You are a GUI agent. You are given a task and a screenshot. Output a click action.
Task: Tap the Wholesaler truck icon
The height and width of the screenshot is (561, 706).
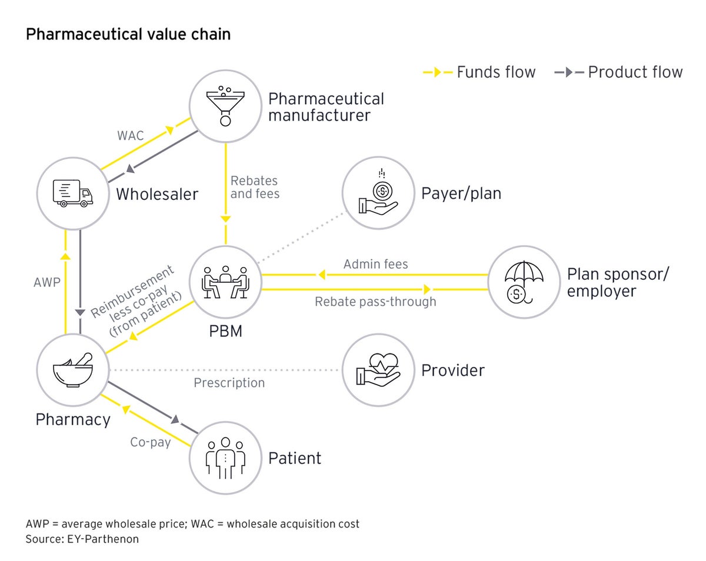pos(72,193)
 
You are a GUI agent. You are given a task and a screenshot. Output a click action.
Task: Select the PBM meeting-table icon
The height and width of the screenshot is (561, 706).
pos(225,281)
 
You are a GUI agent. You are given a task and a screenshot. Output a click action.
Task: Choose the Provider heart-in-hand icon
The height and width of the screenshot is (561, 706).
pos(378,370)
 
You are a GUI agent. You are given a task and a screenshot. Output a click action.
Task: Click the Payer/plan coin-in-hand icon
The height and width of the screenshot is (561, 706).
pos(378,193)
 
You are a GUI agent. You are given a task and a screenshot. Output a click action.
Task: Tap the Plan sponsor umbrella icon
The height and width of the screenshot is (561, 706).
pos(524,281)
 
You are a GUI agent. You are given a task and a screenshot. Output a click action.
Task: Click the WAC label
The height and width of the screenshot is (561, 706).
pos(130,136)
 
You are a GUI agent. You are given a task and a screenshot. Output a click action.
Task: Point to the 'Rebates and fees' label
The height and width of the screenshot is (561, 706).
pos(254,187)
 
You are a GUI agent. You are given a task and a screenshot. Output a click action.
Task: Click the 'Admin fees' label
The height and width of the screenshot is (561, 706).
pos(375,264)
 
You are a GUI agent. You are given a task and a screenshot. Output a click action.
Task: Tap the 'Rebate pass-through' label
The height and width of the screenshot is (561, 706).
pos(375,302)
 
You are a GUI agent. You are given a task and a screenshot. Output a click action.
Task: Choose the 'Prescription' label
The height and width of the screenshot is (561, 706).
pos(229,383)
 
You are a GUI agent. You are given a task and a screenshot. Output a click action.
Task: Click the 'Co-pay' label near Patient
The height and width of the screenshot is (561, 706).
pos(151,442)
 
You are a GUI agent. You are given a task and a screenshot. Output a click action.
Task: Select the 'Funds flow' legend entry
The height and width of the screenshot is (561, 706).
pos(479,72)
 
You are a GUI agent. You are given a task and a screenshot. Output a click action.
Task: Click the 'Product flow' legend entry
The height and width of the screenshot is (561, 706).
pos(618,72)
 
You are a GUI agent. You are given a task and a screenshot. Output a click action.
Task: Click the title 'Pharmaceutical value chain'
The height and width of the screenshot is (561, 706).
pos(128,34)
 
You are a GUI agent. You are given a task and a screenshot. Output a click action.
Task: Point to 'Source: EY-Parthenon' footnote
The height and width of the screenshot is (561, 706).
pos(82,539)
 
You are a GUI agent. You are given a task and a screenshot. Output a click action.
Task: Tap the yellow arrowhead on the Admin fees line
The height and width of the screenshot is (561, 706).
pos(322,275)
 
